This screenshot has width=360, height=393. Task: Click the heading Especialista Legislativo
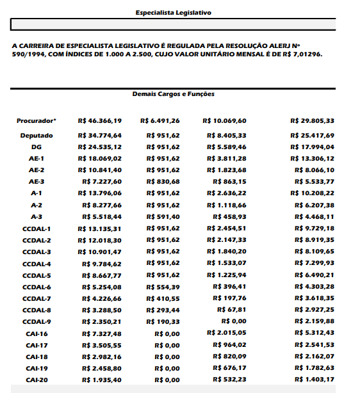coord(173,12)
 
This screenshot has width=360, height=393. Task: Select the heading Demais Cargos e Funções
coord(173,94)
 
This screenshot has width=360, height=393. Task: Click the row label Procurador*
coord(37,120)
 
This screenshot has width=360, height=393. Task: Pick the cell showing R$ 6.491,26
coord(160,120)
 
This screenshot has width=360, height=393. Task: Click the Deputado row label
coord(37,136)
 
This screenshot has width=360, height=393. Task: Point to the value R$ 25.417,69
coord(312,136)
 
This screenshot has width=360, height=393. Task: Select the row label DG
coord(37,147)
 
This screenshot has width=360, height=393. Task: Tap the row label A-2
coord(37,205)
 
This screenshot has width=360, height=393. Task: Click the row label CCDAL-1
coord(37,229)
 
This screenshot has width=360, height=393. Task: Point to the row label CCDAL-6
coord(37,287)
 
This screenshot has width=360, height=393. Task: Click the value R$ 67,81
coord(233,310)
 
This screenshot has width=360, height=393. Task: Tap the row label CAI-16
coord(37,333)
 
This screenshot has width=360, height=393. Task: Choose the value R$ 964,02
coord(230,345)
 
